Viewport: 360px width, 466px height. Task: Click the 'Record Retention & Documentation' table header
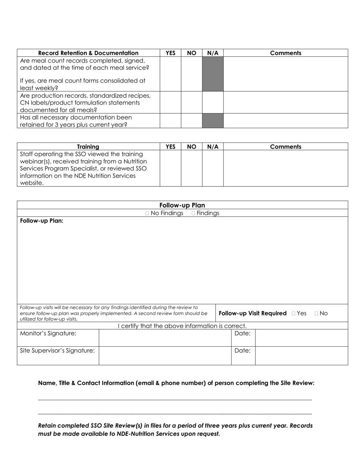tap(88, 53)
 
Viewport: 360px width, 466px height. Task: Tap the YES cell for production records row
tap(170, 102)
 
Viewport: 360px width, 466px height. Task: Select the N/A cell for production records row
tap(213, 102)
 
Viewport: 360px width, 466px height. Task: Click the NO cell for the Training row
tap(191, 168)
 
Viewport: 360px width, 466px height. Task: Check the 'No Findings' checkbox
tap(147, 213)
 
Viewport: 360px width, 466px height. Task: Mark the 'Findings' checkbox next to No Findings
tap(193, 213)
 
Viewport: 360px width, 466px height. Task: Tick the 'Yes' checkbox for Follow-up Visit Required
tap(294, 313)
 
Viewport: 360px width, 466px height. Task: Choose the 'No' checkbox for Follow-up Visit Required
tap(316, 313)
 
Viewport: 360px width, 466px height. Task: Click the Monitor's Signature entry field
tap(165, 338)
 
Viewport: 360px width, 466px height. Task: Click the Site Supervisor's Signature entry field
tap(165, 355)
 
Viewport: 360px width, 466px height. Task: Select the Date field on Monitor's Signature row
tap(301, 338)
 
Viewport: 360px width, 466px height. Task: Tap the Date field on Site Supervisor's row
tap(301, 355)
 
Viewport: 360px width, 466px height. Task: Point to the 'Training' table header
tap(88, 147)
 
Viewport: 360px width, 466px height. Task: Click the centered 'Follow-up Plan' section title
tap(182, 205)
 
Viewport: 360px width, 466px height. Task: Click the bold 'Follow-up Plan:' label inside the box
tap(42, 221)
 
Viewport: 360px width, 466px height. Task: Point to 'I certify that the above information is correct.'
tap(182, 326)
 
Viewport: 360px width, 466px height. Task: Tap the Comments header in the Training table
tap(285, 147)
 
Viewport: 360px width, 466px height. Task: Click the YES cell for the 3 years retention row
tap(170, 121)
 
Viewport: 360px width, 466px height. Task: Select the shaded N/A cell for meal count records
tap(213, 74)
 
